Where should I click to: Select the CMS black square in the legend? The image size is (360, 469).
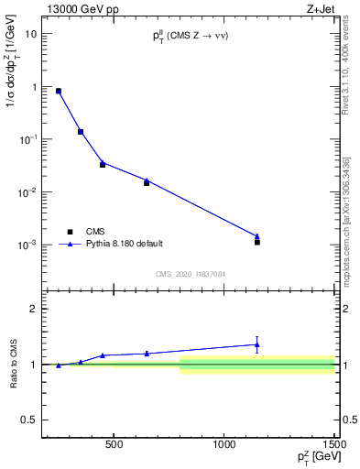pyautogui.click(x=70, y=232)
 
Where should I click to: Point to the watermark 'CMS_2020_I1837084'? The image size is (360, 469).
pyautogui.click(x=191, y=274)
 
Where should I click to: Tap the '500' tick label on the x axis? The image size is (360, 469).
pyautogui.click(x=114, y=446)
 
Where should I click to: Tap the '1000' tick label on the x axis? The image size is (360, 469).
pyautogui.click(x=224, y=446)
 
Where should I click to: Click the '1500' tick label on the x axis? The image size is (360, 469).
pyautogui.click(x=335, y=446)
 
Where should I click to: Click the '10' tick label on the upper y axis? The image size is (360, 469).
pyautogui.click(x=32, y=34)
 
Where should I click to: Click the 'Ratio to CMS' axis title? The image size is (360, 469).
pyautogui.click(x=13, y=364)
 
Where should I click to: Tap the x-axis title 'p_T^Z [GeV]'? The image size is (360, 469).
pyautogui.click(x=317, y=459)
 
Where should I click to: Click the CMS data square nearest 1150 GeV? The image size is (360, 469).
pyautogui.click(x=257, y=242)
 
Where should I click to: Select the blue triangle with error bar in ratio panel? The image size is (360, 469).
pyautogui.click(x=256, y=344)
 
